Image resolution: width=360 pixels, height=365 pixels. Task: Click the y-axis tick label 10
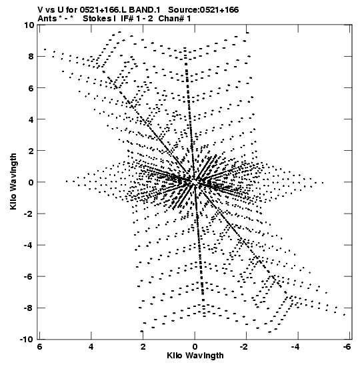point(29,25)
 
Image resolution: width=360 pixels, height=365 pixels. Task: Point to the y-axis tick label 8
point(31,56)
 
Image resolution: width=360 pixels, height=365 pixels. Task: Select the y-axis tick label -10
point(27,339)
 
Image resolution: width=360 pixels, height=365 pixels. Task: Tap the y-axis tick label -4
point(29,245)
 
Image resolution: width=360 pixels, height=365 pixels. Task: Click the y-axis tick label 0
point(31,182)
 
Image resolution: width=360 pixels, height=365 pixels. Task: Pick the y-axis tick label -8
point(29,308)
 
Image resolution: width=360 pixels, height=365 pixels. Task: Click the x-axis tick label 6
point(39,347)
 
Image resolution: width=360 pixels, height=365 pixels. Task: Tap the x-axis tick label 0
point(195,347)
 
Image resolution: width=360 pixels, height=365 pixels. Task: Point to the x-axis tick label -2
point(244,347)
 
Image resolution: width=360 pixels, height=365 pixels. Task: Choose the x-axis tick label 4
point(91,347)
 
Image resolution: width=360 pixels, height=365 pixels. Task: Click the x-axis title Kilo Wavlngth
point(195,356)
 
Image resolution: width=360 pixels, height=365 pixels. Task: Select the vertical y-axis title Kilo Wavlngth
point(13,181)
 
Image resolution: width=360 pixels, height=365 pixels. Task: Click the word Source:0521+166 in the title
point(203,10)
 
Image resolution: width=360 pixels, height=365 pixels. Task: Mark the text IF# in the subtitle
point(127,18)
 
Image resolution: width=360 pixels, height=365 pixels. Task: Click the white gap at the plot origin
point(195,181)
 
